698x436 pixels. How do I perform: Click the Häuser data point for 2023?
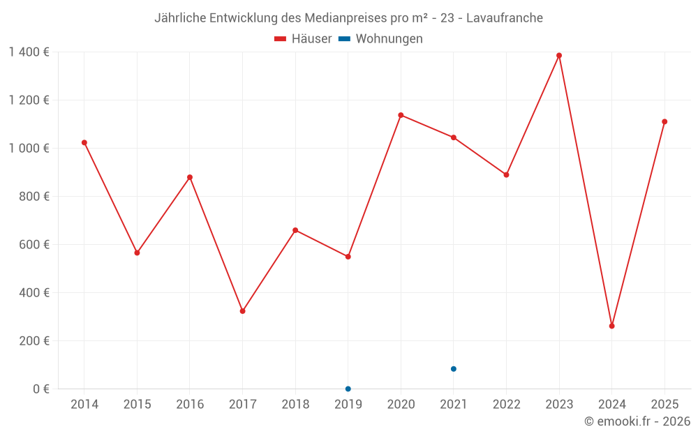[559, 56]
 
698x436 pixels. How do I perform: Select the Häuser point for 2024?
[612, 326]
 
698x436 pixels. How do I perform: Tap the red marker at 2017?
[242, 311]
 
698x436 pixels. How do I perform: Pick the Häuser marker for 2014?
[84, 142]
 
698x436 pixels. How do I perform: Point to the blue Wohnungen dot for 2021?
[454, 369]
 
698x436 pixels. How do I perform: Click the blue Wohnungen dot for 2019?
[348, 389]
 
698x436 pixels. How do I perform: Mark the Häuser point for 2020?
[401, 115]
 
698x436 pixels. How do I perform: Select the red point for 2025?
[664, 121]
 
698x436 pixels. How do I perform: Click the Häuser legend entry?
[303, 39]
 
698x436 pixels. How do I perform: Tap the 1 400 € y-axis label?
[29, 52]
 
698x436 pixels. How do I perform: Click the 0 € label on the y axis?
[41, 389]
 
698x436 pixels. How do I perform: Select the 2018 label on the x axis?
[295, 405]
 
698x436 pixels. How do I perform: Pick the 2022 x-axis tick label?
[506, 405]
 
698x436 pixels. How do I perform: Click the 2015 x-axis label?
[137, 405]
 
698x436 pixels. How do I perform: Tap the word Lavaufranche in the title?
[504, 18]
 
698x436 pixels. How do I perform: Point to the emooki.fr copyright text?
[637, 421]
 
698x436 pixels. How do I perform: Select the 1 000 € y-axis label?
[29, 149]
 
